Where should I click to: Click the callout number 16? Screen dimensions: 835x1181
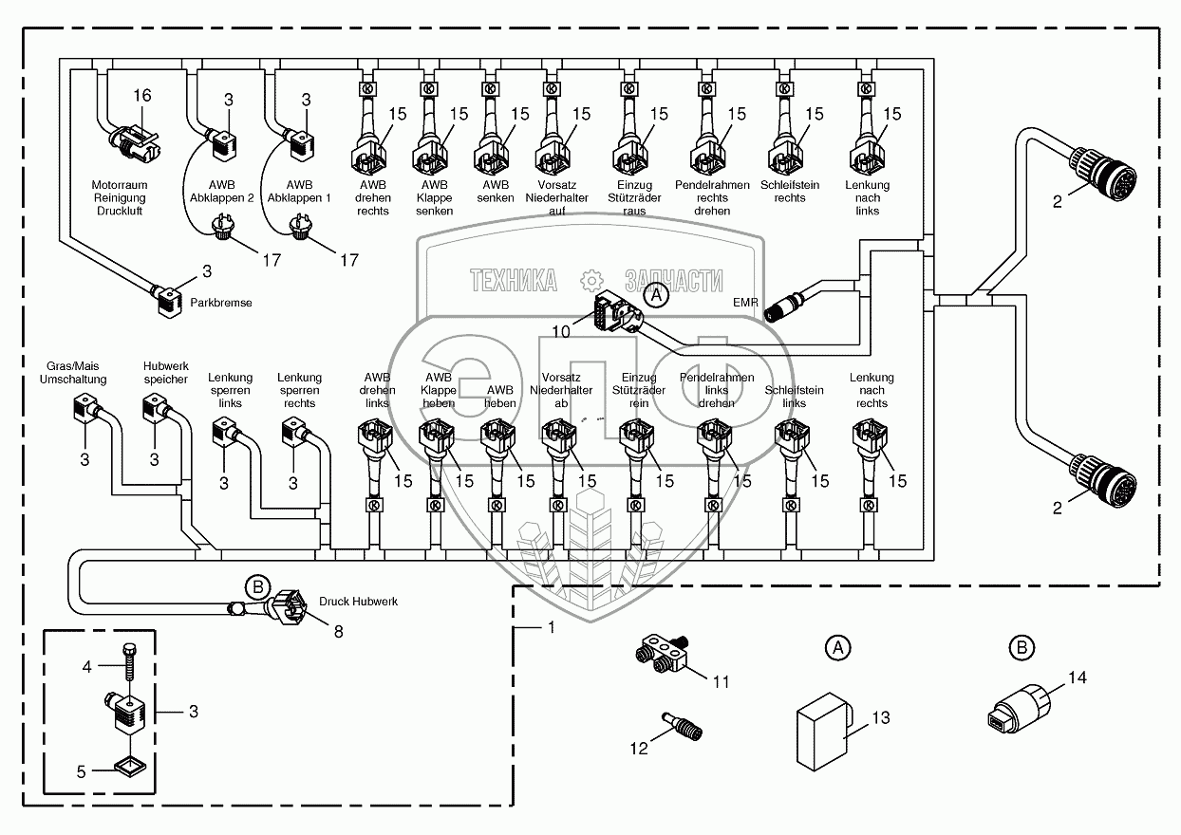pyautogui.click(x=141, y=96)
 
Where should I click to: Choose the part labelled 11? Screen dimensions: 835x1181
pyautogui.click(x=663, y=655)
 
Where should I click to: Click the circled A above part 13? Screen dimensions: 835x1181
pyautogui.click(x=836, y=649)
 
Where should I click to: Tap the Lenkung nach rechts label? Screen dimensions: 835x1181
pyautogui.click(x=872, y=390)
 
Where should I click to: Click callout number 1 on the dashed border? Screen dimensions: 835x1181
pyautogui.click(x=550, y=627)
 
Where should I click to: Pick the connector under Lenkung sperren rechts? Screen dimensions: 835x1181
pyautogui.click(x=293, y=436)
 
